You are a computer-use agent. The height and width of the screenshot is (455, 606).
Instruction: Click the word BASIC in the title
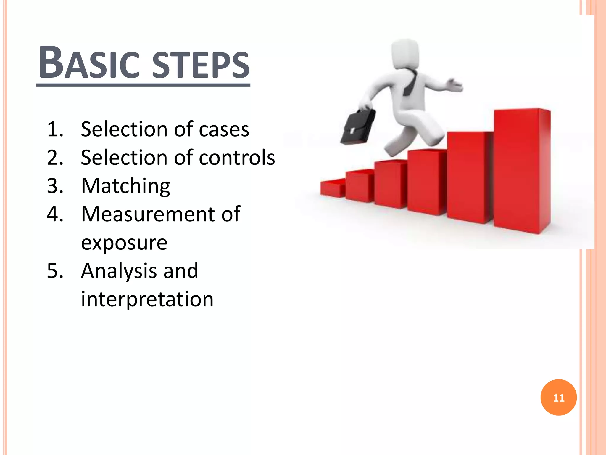tap(89, 64)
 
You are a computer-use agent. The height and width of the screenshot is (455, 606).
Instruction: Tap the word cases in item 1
tap(224, 129)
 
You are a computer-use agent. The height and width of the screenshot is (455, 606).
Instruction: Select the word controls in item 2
tap(237, 157)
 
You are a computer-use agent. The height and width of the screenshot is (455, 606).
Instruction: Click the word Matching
tap(125, 186)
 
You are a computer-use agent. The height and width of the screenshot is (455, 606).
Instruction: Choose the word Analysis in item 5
tap(118, 271)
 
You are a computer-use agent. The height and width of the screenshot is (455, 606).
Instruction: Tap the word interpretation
tap(147, 299)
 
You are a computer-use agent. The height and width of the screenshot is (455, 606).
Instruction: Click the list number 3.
tap(55, 186)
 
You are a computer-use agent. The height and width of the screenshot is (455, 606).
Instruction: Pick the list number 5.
tap(55, 271)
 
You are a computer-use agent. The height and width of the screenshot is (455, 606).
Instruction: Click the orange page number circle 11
tap(558, 398)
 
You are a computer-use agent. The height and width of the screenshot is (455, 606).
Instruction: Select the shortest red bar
tap(332, 188)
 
